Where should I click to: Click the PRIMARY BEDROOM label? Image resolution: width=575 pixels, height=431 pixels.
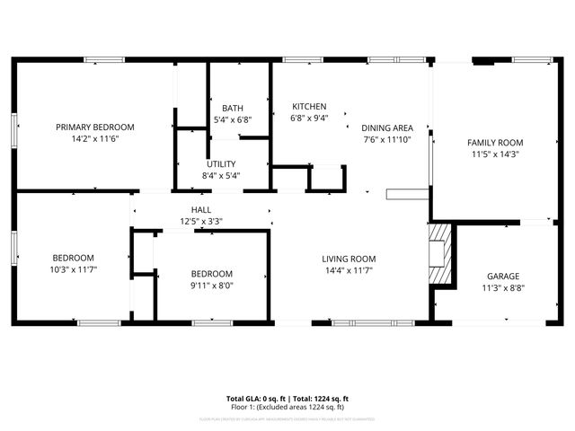[94, 127]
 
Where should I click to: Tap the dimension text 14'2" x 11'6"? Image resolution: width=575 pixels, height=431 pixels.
[94, 139]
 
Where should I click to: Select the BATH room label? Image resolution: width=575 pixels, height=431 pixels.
[233, 108]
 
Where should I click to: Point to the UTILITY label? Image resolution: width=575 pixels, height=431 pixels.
[221, 164]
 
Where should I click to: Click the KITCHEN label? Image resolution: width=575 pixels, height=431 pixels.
[308, 106]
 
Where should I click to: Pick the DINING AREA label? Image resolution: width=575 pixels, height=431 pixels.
[387, 128]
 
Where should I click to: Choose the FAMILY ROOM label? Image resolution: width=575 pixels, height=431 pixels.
[494, 143]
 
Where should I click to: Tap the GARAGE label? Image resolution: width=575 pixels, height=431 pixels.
[503, 276]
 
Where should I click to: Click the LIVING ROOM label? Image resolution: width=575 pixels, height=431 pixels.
[349, 259]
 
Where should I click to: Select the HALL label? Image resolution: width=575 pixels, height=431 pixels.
[201, 209]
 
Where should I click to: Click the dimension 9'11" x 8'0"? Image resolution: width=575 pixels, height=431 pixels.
[211, 286]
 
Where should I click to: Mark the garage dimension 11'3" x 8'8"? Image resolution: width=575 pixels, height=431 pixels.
[503, 288]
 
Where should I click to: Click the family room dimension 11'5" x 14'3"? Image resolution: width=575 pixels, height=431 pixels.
[494, 154]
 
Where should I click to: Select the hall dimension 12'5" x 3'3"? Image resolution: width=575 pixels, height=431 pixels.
[201, 221]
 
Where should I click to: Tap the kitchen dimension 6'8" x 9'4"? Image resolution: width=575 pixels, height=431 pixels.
[308, 118]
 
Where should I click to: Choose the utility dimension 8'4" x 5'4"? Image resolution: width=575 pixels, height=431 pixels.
[221, 176]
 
